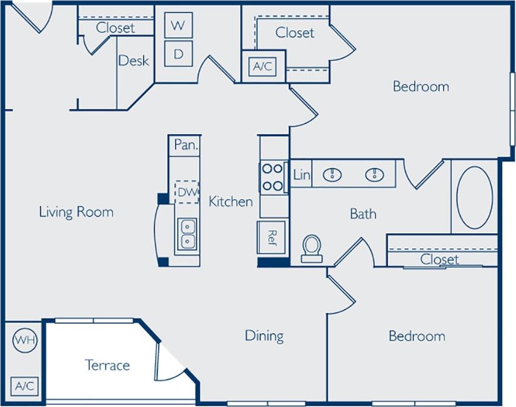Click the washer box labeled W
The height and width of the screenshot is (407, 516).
tap(178, 26)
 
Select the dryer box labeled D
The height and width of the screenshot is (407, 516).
tap(178, 54)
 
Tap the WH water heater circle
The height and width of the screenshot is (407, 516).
tap(24, 340)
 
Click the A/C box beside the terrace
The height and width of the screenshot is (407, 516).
tap(24, 386)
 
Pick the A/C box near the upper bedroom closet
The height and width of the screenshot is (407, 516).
tap(263, 66)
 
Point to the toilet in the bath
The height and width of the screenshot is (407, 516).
tap(311, 248)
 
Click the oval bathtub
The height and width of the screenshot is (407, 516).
tap(474, 197)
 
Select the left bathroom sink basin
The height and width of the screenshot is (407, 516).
tap(333, 175)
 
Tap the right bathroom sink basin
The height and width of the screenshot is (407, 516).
tap(374, 175)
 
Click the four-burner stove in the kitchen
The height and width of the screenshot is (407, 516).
tap(273, 177)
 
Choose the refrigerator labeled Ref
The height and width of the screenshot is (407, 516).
tap(272, 237)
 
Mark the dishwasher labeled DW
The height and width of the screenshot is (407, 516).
tap(186, 192)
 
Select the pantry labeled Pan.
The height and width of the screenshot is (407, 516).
tap(186, 145)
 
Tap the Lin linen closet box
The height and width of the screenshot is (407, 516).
tap(301, 175)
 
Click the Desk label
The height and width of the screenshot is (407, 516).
tap(133, 60)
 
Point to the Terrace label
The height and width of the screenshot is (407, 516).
tap(107, 365)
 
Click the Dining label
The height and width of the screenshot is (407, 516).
tap(264, 336)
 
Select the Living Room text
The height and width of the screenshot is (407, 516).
tap(76, 212)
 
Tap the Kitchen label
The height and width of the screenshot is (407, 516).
tap(230, 201)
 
